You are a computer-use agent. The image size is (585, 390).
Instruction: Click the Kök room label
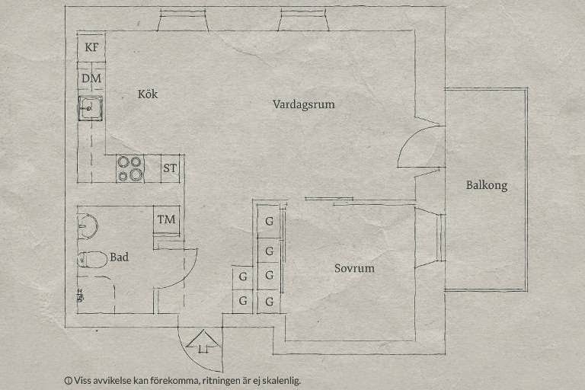pyautogui.click(x=148, y=94)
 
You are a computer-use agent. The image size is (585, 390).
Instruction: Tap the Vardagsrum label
pyautogui.click(x=304, y=104)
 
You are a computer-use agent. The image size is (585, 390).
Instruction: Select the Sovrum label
pyautogui.click(x=354, y=268)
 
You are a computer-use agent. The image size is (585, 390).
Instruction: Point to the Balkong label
pyautogui.click(x=487, y=185)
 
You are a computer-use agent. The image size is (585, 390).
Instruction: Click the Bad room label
pyautogui.click(x=119, y=257)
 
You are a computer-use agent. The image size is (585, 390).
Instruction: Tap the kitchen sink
pyautogui.click(x=90, y=108)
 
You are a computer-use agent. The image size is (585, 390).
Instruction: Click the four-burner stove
pyautogui.click(x=130, y=168)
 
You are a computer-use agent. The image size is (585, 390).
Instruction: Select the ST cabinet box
pyautogui.click(x=171, y=168)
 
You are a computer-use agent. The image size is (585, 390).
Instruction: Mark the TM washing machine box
pyautogui.click(x=166, y=220)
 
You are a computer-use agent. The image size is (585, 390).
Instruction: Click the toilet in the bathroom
pyautogui.click(x=91, y=259)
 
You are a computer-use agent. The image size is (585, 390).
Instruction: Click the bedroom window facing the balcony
pyautogui.click(x=440, y=238)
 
